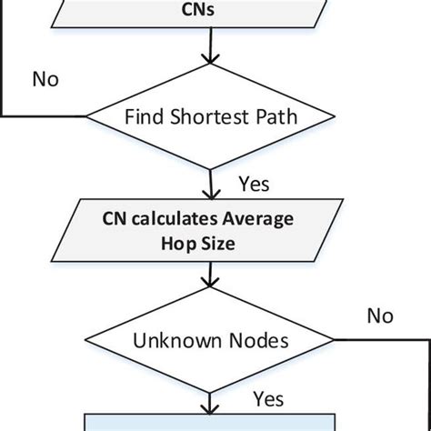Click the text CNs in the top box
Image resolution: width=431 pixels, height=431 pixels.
[211, 14]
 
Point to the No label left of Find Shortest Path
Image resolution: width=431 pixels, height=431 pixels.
[45, 79]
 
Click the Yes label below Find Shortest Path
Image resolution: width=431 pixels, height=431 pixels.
[254, 185]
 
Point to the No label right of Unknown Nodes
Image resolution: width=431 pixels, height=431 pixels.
[380, 316]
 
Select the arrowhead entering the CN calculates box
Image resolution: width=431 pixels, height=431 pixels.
[212, 195]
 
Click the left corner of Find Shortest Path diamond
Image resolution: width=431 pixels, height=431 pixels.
[87, 116]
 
